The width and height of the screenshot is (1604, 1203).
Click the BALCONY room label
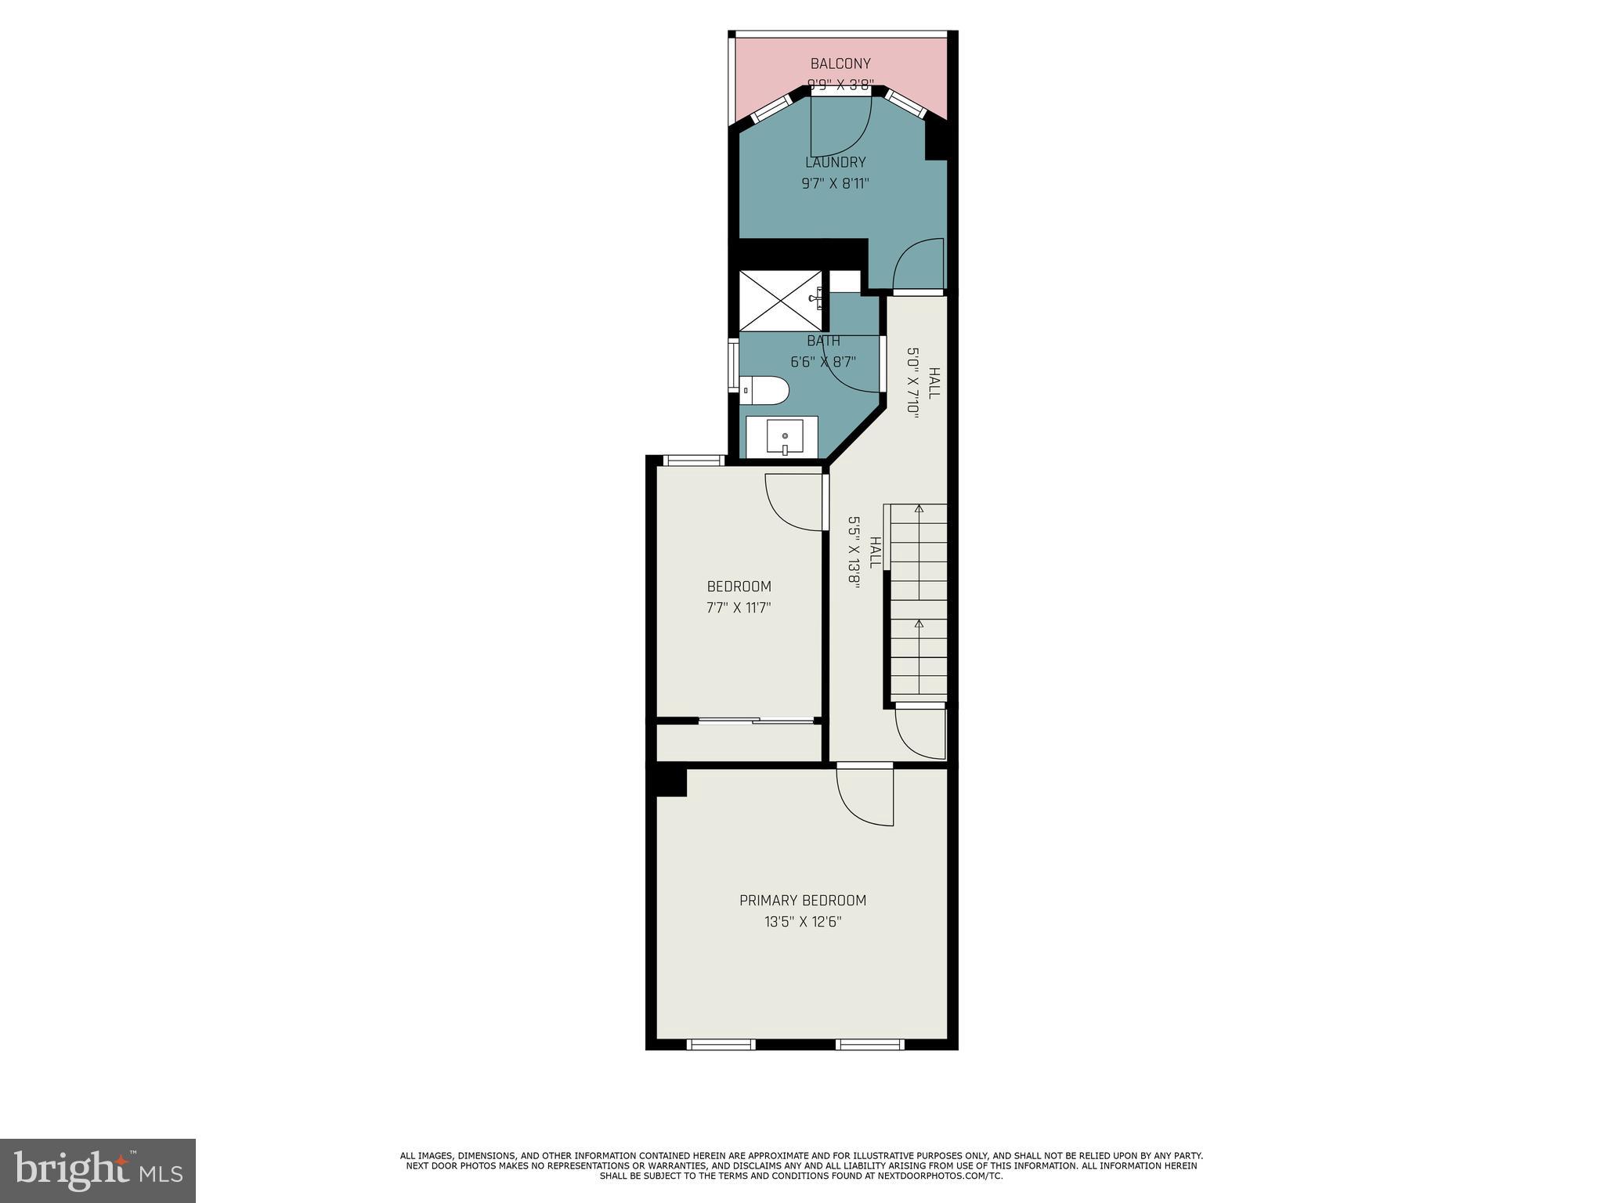tap(840, 63)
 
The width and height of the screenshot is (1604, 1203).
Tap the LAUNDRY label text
tap(836, 162)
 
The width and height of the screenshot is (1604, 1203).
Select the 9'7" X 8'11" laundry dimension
tap(836, 184)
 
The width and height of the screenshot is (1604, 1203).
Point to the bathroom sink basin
tap(784, 437)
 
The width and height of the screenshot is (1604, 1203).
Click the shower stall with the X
tap(781, 301)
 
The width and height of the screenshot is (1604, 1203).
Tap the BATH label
tap(823, 341)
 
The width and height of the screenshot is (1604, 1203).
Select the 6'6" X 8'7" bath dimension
tap(823, 362)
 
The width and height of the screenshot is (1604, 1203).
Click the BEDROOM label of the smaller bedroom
tap(739, 586)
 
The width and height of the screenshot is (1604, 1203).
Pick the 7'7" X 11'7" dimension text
tap(739, 607)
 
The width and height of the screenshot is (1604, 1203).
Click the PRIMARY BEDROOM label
tap(803, 901)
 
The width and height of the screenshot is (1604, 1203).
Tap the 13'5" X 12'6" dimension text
tap(803, 922)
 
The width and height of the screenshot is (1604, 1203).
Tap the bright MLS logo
tap(98, 1170)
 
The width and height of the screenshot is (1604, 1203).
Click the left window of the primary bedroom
tap(721, 1044)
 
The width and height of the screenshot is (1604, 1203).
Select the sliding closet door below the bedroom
tap(756, 720)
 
